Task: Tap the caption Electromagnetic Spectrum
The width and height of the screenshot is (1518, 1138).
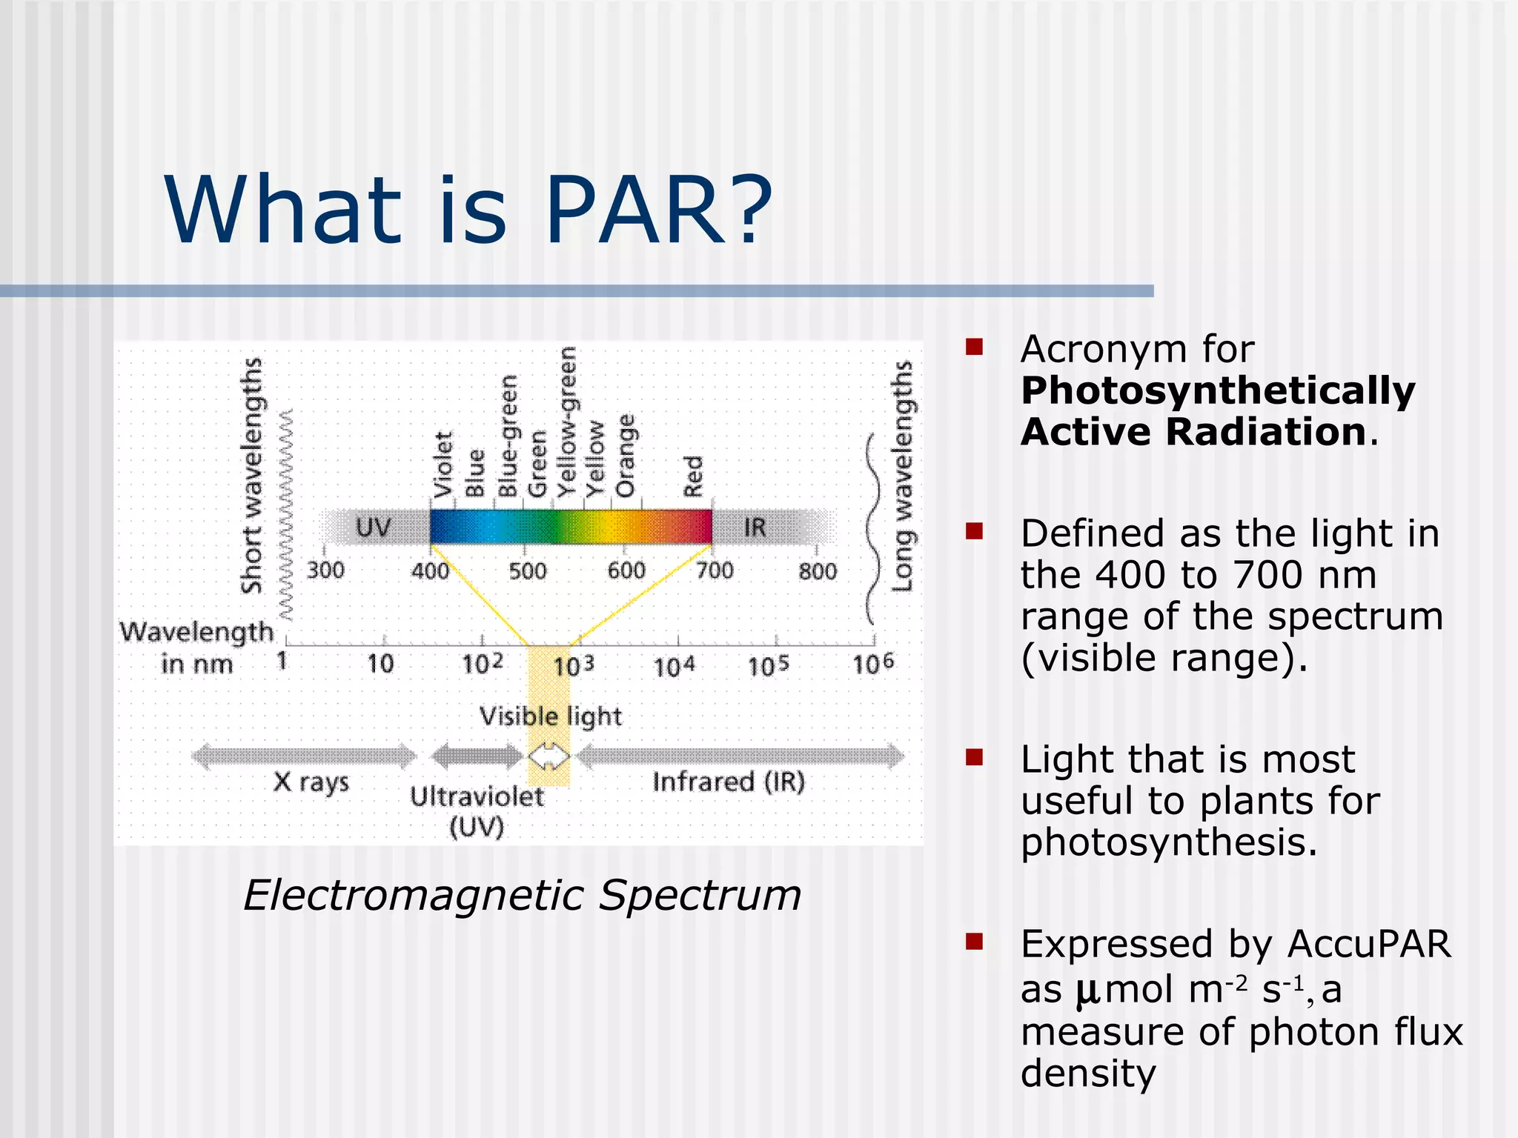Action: pos(522,895)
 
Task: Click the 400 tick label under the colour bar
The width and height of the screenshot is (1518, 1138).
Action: pos(431,570)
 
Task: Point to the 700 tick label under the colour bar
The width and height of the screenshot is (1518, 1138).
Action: pos(715,570)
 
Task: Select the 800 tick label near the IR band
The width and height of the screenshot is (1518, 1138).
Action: pos(818,570)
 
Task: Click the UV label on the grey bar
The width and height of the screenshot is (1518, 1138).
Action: pos(373,528)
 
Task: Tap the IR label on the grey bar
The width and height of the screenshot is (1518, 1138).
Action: pos(755,528)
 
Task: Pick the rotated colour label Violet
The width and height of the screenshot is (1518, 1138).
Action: pos(443,465)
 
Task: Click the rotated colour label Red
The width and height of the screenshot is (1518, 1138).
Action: pos(693,476)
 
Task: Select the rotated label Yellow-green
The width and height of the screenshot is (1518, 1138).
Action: pos(567,422)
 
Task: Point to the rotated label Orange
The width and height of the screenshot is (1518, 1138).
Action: pos(626,456)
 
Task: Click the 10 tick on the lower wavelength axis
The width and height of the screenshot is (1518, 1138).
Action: pos(380,663)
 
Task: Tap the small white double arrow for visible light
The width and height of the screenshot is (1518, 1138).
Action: pos(548,757)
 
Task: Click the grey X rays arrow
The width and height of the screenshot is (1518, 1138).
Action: pos(305,756)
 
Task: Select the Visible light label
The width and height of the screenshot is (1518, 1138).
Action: pos(550,716)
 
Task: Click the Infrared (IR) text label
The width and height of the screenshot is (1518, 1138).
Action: pos(729,782)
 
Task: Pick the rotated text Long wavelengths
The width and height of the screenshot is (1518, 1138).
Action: pos(902,476)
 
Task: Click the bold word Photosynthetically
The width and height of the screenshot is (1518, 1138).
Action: pos(1218,390)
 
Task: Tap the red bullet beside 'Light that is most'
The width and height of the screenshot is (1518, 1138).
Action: pos(974,757)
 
